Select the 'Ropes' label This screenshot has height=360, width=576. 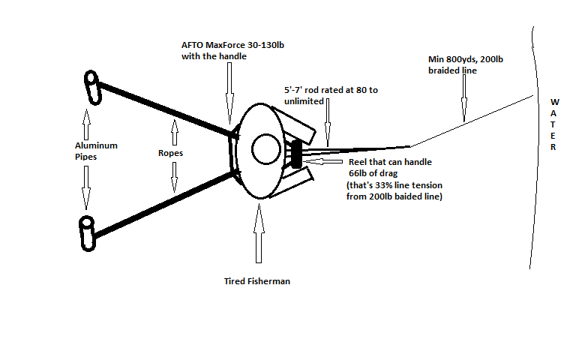172,153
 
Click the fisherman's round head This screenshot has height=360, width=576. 265,148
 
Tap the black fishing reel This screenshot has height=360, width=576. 295,154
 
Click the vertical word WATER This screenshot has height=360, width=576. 554,123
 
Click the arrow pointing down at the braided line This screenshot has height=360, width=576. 463,98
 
